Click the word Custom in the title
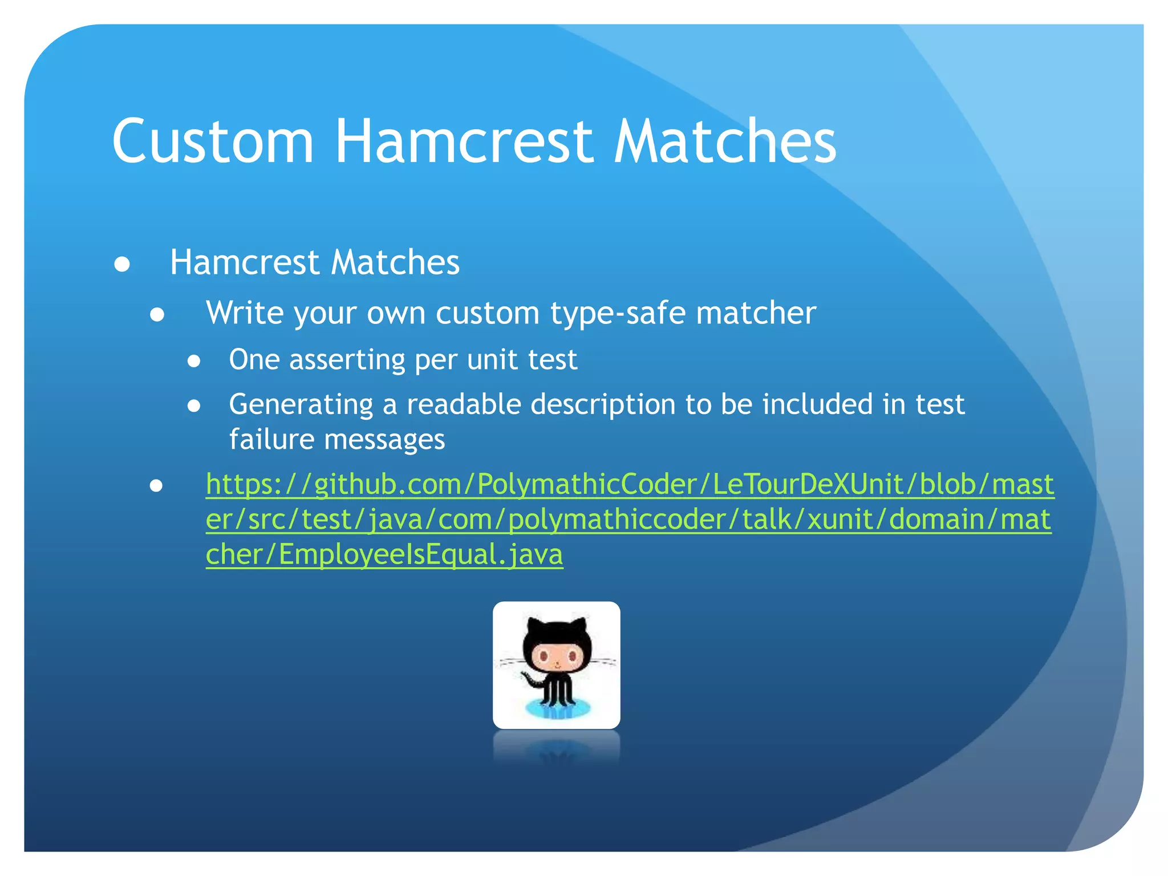point(213,141)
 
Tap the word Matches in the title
point(724,141)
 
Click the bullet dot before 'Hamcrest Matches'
point(122,265)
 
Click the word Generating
point(301,405)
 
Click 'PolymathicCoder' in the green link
point(585,485)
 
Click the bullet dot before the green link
point(156,486)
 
